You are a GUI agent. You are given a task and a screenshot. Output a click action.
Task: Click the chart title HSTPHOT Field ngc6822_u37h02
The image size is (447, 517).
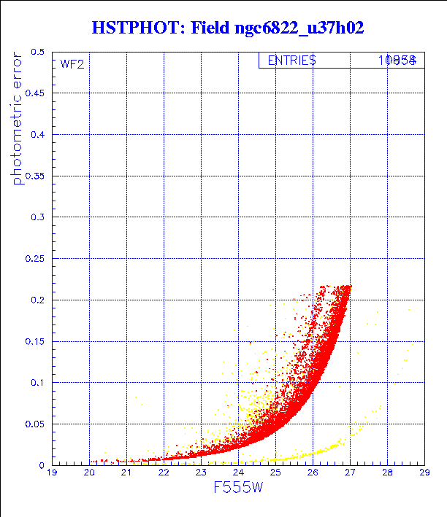coord(227,28)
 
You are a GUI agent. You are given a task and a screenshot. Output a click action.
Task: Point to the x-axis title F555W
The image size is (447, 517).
coord(237,489)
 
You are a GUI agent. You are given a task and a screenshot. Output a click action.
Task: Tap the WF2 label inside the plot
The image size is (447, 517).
coord(72,64)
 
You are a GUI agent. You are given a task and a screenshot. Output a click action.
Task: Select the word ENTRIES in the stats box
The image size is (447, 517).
coord(291,61)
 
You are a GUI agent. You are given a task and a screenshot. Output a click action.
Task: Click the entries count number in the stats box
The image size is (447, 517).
coord(397,61)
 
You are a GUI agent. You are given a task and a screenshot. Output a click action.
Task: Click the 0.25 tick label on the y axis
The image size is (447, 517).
coord(35,259)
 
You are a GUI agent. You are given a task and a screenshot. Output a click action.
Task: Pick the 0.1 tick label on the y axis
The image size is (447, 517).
coord(38,382)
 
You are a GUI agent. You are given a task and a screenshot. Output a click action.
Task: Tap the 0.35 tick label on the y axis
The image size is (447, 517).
coord(35,176)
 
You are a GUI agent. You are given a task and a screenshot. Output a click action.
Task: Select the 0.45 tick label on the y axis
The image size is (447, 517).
coord(35,94)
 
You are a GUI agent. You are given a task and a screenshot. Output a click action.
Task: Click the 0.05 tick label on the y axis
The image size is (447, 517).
coord(35,424)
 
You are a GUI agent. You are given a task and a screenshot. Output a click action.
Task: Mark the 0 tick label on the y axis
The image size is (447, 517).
coord(42,464)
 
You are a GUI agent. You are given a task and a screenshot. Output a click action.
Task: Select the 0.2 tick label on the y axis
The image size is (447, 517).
coord(38,300)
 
